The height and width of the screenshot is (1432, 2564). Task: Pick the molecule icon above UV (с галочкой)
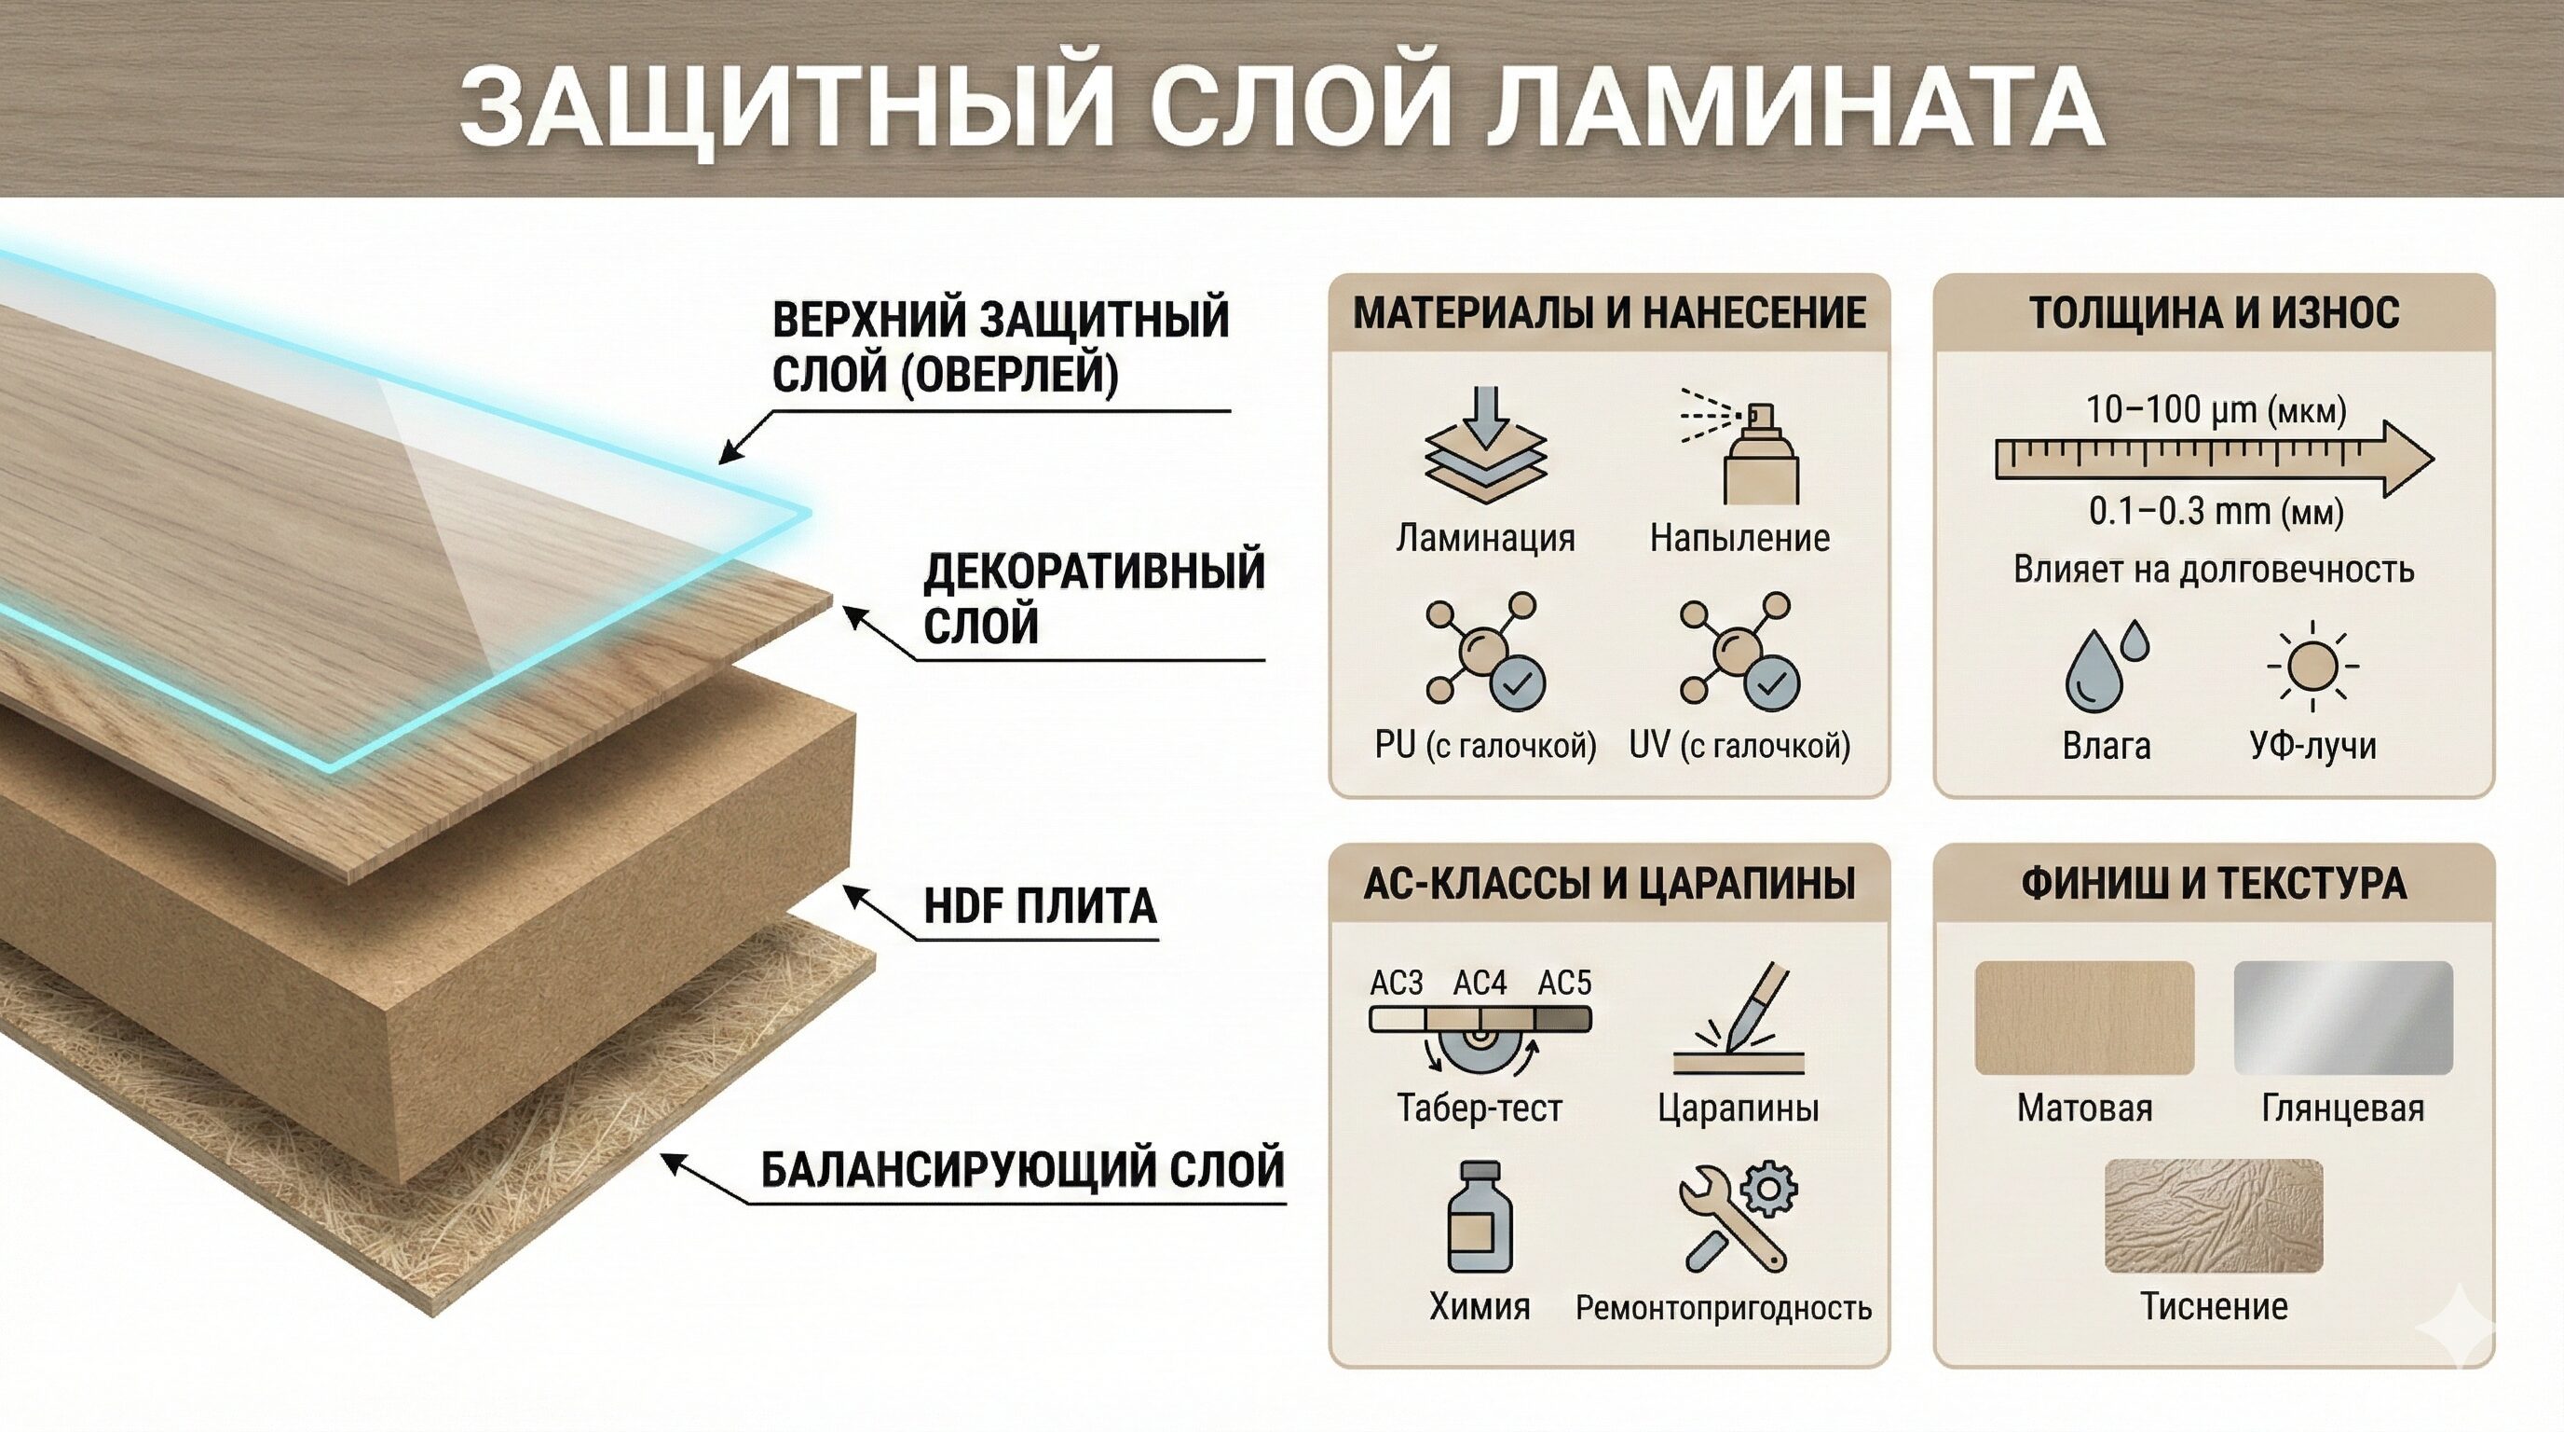1739,653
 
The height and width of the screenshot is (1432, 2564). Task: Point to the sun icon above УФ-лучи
2312,666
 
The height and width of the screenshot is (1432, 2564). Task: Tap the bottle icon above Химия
1480,1217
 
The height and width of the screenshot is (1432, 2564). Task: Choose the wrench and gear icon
1737,1217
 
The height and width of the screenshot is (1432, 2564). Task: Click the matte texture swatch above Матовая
2084,1018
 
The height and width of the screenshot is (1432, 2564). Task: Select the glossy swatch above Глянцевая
2343,1018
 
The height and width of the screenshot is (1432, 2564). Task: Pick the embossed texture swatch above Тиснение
2214,1215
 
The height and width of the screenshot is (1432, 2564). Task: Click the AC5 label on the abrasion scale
1564,983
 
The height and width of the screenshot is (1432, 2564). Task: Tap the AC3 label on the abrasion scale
1397,983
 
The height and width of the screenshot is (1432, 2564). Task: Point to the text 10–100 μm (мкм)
2216,409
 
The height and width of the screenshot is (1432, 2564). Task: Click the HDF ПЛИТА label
1040,906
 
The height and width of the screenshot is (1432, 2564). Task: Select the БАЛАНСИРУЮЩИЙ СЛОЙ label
1022,1169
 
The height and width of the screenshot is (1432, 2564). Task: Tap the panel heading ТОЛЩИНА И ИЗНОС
2214,312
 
